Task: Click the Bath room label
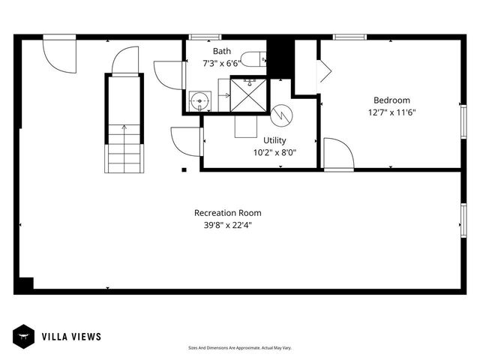(x=221, y=51)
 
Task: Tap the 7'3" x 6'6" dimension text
(x=221, y=64)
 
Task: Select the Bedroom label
(x=391, y=100)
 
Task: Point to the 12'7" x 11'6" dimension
(x=391, y=113)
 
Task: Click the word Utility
(x=274, y=140)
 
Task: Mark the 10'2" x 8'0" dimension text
(x=274, y=152)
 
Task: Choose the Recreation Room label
(x=228, y=213)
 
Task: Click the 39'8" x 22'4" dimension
(x=228, y=225)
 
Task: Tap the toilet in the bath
(x=253, y=58)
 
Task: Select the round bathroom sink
(x=199, y=100)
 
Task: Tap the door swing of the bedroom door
(x=338, y=154)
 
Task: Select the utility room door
(x=186, y=141)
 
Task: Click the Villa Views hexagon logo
(x=22, y=337)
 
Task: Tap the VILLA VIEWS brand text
(x=71, y=337)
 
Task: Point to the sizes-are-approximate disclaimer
(x=239, y=348)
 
